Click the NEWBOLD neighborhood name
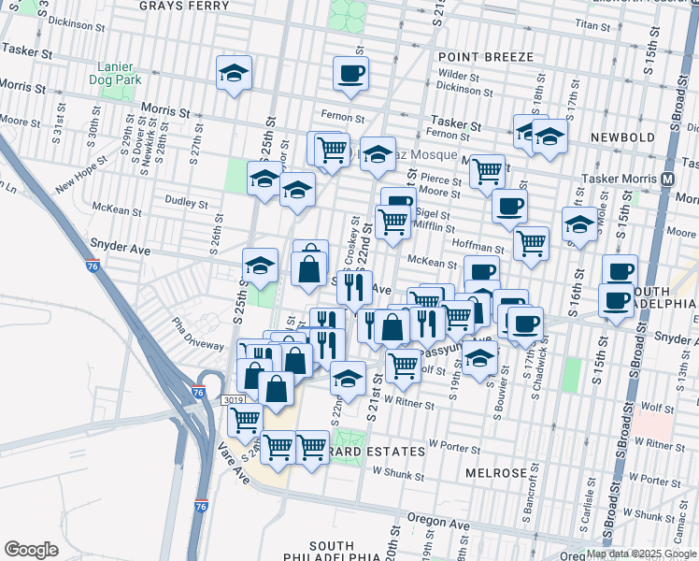click(622, 137)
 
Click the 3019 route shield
click(234, 400)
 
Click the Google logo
click(31, 550)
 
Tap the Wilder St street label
click(458, 74)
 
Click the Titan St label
click(592, 23)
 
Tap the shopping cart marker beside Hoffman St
click(531, 243)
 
